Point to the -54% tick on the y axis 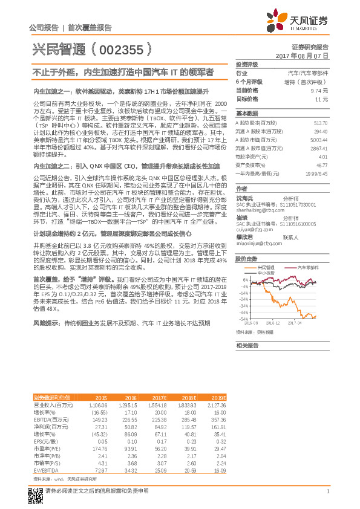(x=243, y=318)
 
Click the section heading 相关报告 (x=247, y=345)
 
